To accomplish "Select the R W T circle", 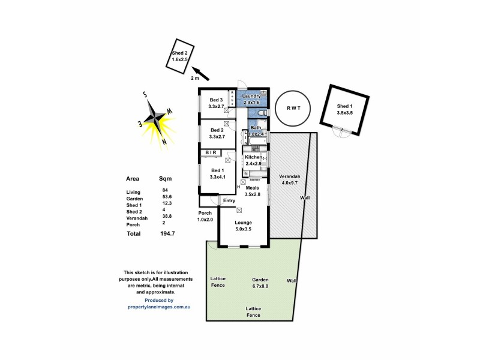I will click(293, 108).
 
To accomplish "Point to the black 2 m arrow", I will click(203, 73).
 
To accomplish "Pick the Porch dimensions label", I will click(205, 220).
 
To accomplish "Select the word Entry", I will click(229, 200).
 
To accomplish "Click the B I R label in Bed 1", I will click(211, 153).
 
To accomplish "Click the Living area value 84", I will click(165, 191).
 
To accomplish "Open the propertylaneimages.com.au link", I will click(160, 307).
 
